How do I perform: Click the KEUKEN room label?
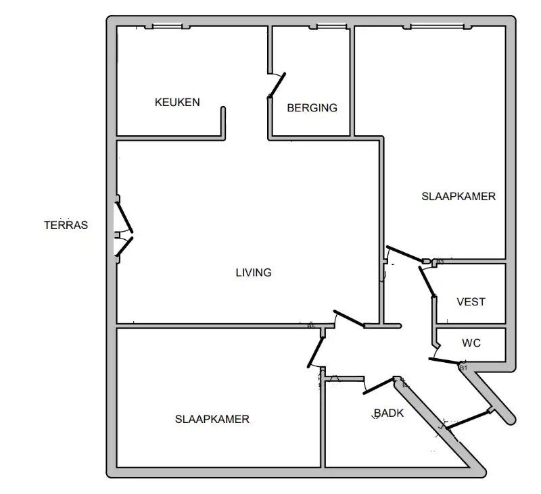point(177,103)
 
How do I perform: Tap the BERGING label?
point(312,108)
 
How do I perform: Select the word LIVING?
point(254,273)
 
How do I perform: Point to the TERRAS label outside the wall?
point(66,226)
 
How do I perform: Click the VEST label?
point(471,302)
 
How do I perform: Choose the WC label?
point(471,343)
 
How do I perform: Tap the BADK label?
point(389,413)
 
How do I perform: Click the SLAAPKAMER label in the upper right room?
point(458,197)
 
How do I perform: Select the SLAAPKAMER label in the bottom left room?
point(212,419)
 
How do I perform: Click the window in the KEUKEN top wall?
point(167,26)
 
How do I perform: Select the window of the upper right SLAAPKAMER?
point(437,26)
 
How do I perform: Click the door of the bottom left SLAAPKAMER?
point(314,349)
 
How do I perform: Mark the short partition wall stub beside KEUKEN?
point(223,122)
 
